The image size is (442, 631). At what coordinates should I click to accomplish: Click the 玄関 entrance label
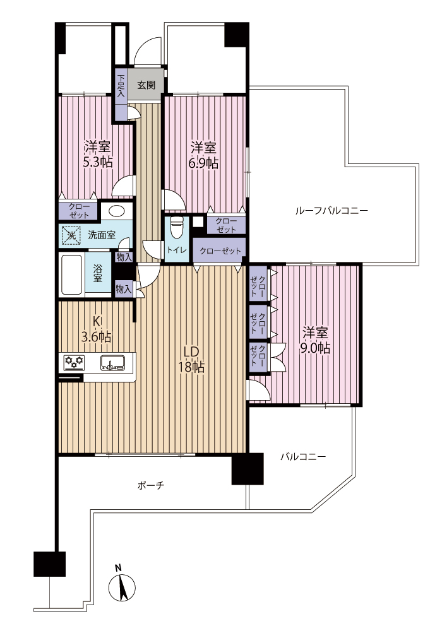click(146, 85)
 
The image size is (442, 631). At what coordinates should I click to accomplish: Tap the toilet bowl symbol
click(177, 228)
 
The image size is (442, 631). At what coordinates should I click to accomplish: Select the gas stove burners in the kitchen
click(74, 362)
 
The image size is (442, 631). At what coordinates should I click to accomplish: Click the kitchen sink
click(112, 363)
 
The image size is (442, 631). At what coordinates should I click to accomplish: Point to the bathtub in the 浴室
click(71, 275)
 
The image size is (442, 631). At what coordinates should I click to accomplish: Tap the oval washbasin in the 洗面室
click(116, 211)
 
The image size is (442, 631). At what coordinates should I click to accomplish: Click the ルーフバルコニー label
click(331, 210)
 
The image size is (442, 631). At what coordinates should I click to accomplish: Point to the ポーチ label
click(150, 486)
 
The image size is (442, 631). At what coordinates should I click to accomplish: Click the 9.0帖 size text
click(315, 348)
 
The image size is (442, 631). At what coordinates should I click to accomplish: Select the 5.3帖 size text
click(97, 162)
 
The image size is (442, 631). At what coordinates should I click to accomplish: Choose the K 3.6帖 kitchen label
click(97, 329)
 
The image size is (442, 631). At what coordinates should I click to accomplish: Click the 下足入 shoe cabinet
click(121, 95)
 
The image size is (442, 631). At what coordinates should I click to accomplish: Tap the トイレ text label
click(177, 251)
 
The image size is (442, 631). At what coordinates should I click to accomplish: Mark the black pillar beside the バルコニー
click(248, 469)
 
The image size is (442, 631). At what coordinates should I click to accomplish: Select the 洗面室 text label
click(102, 235)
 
